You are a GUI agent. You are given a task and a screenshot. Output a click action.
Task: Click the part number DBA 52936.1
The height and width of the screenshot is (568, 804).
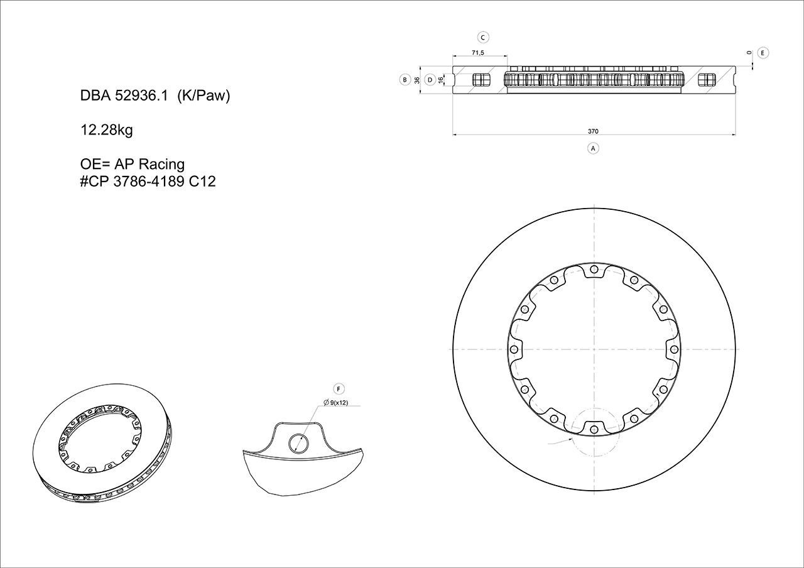pyautogui.click(x=124, y=96)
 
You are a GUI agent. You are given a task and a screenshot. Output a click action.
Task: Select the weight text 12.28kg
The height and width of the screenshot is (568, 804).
pyautogui.click(x=106, y=130)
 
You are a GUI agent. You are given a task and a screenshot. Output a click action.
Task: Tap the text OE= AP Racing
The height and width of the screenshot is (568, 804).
pyautogui.click(x=133, y=164)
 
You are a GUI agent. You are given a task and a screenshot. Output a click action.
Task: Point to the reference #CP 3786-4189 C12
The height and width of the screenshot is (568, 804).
pyautogui.click(x=148, y=182)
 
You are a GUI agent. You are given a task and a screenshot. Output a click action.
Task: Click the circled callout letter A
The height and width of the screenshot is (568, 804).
pyautogui.click(x=592, y=148)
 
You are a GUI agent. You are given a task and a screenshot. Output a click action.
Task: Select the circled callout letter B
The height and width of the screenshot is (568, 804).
pyautogui.click(x=405, y=80)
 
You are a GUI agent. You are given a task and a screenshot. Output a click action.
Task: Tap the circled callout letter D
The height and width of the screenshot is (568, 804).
pyautogui.click(x=430, y=80)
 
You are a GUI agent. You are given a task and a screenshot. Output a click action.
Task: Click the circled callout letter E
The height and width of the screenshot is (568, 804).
pyautogui.click(x=763, y=53)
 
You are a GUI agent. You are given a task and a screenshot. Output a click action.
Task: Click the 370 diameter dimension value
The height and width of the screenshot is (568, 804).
pyautogui.click(x=593, y=131)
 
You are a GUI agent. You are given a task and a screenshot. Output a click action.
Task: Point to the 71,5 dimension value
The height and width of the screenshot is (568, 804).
pyautogui.click(x=477, y=53)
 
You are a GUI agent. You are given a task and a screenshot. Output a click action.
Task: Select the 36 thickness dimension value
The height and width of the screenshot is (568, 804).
pyautogui.click(x=417, y=80)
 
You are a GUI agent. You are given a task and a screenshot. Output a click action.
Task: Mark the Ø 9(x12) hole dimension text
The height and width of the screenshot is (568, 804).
pyautogui.click(x=336, y=402)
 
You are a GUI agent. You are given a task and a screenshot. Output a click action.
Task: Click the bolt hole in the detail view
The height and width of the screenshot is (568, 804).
pyautogui.click(x=298, y=443)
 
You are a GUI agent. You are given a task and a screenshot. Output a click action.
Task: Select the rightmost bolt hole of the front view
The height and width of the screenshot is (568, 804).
pyautogui.click(x=673, y=349)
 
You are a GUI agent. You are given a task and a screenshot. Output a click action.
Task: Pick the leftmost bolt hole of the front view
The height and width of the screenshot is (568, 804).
pyautogui.click(x=514, y=349)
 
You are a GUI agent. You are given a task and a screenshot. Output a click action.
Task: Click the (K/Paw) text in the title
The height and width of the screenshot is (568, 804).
pyautogui.click(x=204, y=96)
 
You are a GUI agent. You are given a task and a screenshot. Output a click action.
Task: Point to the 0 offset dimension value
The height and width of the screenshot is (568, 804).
pyautogui.click(x=749, y=53)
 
